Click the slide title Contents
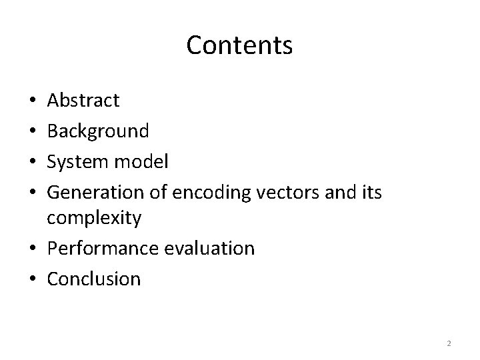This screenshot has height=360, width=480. pyautogui.click(x=239, y=45)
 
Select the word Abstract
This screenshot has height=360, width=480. pyautogui.click(x=83, y=101)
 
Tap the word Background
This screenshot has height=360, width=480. pyautogui.click(x=98, y=131)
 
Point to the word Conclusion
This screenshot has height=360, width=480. pyautogui.click(x=94, y=278)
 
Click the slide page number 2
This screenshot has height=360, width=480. pyautogui.click(x=449, y=343)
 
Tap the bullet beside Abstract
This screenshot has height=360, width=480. pyautogui.click(x=33, y=101)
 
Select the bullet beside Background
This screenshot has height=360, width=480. pyautogui.click(x=33, y=131)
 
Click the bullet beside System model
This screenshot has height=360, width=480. pyautogui.click(x=33, y=161)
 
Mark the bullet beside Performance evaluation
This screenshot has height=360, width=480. pyautogui.click(x=33, y=249)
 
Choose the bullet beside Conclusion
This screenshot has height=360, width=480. pyautogui.click(x=33, y=279)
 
